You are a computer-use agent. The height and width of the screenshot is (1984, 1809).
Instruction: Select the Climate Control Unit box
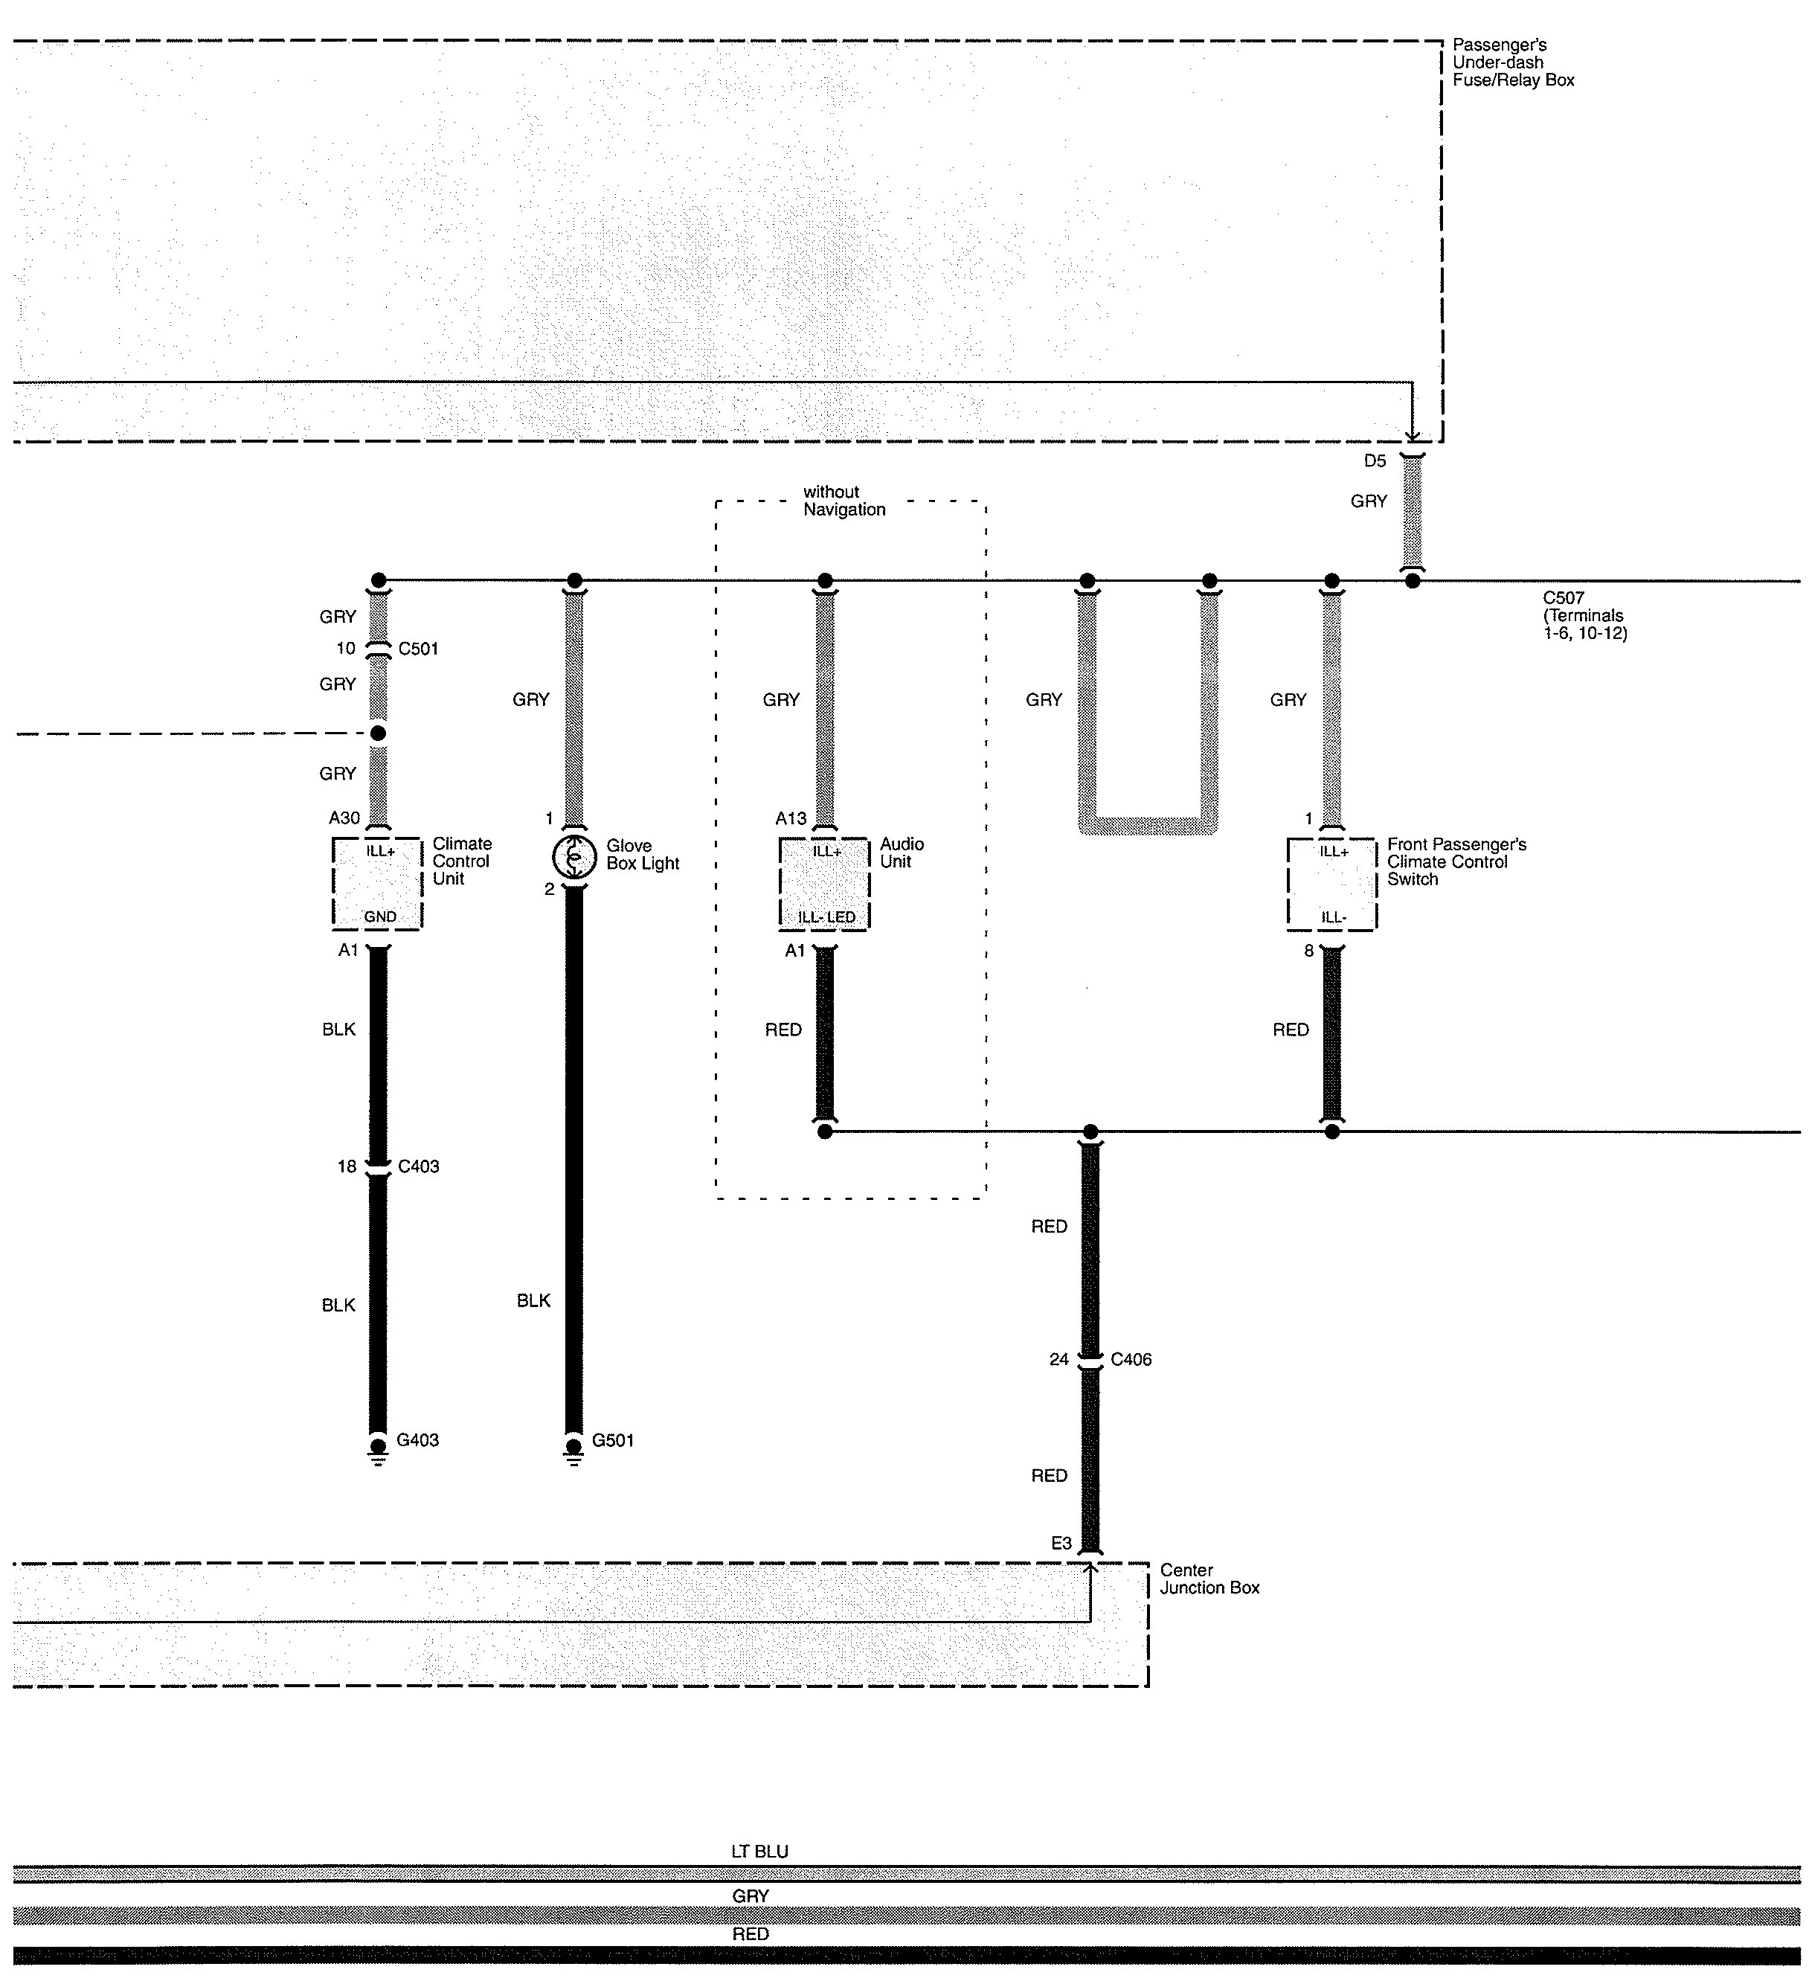click(378, 883)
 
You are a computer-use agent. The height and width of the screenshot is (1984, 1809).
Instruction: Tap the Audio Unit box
click(825, 883)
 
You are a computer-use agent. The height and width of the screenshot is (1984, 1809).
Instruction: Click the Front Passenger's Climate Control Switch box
click(1331, 883)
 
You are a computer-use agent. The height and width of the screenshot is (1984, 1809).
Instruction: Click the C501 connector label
click(418, 649)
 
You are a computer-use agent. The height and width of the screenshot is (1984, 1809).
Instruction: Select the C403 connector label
click(418, 1166)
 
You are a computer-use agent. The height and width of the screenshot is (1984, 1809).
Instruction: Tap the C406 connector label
click(1131, 1359)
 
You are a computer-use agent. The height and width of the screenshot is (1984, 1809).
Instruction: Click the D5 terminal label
click(1374, 460)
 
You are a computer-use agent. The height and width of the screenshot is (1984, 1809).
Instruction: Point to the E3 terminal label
click(1061, 1543)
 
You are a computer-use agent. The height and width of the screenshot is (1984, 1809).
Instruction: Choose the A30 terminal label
click(344, 818)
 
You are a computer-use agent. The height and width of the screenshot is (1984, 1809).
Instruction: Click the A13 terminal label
click(791, 818)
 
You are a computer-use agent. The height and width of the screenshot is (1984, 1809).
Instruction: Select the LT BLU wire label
click(759, 1851)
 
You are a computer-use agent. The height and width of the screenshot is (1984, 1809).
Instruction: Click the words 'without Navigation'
click(844, 500)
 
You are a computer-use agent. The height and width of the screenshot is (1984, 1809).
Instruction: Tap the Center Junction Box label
click(1209, 1579)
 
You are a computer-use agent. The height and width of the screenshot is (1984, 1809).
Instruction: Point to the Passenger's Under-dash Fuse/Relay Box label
click(1513, 62)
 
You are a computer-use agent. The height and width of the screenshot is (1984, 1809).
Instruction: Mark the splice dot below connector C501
click(378, 733)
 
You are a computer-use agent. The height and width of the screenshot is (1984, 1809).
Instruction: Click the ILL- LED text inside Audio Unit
click(826, 917)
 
